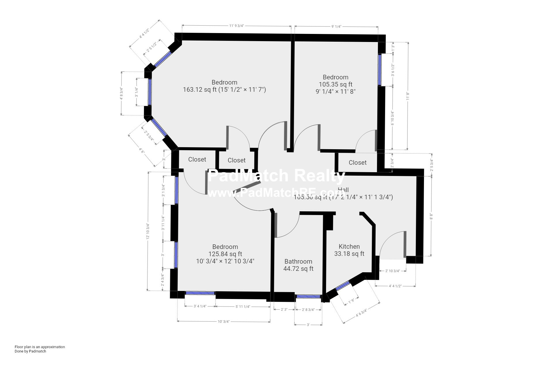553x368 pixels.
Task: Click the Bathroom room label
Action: tap(298, 261)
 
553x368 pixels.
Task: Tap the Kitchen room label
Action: tap(349, 246)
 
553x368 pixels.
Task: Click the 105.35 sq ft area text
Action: tap(335, 84)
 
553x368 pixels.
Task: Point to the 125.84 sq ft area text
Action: tap(225, 254)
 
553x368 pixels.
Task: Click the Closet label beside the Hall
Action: tap(357, 162)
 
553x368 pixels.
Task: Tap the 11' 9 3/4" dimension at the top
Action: tap(236, 26)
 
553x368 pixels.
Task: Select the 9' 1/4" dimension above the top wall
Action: tap(336, 26)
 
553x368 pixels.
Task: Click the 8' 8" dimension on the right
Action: tap(431, 216)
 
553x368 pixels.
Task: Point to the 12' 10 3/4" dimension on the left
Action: tap(148, 231)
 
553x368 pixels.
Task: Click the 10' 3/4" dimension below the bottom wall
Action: tap(224, 321)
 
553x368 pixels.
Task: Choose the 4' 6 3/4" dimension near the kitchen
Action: tap(361, 313)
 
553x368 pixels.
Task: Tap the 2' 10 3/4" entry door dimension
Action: tap(393, 271)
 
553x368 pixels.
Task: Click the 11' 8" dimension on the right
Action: tap(408, 96)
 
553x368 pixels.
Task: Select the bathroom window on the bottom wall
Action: tap(308, 296)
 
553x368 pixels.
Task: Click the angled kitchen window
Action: tap(342, 286)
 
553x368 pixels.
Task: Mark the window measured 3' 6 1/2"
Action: tap(380, 70)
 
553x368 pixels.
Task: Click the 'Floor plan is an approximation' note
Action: tap(40, 347)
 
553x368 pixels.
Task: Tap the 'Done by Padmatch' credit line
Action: tap(30, 351)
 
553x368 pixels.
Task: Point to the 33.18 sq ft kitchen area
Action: tap(349, 254)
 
